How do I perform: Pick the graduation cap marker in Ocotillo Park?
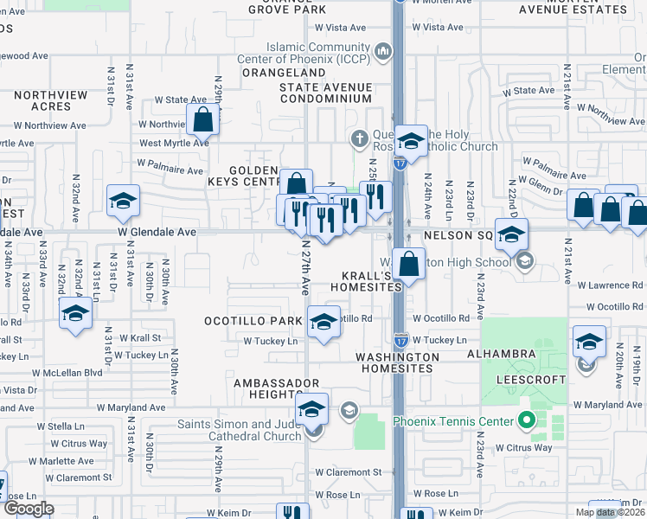[x=323, y=324]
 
